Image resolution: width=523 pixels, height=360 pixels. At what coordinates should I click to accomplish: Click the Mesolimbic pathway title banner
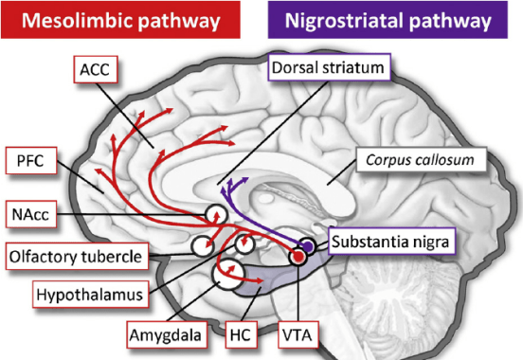click(x=125, y=21)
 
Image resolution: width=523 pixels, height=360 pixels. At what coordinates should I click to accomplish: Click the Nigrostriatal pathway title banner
click(x=396, y=21)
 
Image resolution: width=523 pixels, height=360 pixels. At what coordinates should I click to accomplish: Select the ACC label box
click(x=95, y=69)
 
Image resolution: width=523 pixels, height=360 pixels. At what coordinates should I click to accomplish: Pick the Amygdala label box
click(x=163, y=334)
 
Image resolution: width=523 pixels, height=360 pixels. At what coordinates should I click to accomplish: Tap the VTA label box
click(x=300, y=334)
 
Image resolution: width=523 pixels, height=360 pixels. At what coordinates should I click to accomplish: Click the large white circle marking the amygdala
click(x=229, y=276)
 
